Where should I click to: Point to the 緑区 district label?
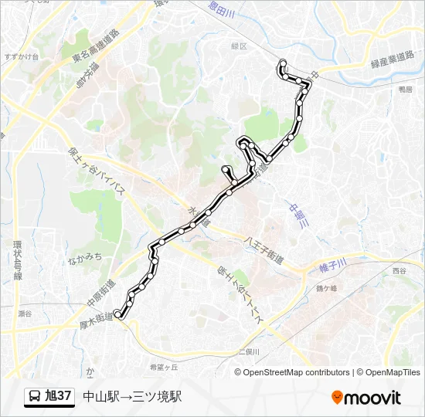[x=239, y=46]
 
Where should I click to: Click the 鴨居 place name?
[x=405, y=90]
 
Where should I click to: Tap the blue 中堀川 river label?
[x=297, y=215]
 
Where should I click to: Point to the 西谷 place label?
[x=398, y=271]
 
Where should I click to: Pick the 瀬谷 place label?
[x=25, y=314]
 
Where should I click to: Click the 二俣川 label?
[x=248, y=351]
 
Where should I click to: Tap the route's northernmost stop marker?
[x=283, y=63]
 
